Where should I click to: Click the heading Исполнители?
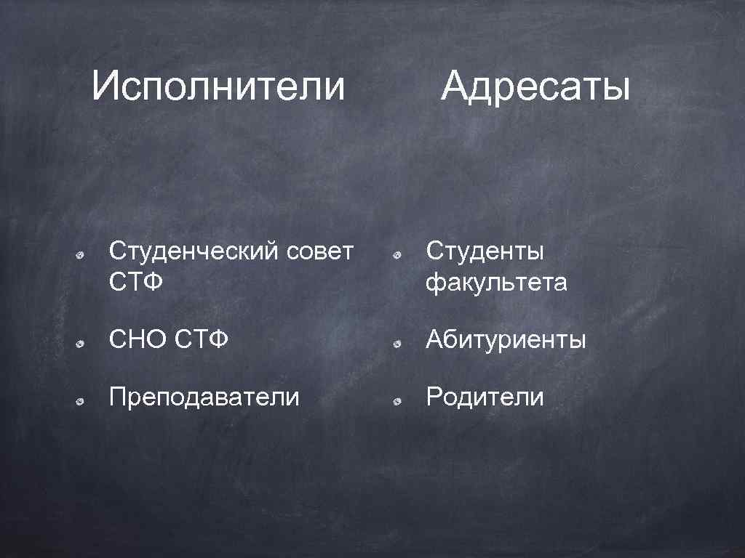[x=218, y=87]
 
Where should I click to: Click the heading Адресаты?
[x=535, y=89]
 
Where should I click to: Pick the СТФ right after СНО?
[x=202, y=339]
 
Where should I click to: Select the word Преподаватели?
[x=204, y=397]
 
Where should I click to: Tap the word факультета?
[x=496, y=281]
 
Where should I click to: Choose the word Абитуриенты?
[x=506, y=339]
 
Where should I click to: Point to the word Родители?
[x=485, y=397]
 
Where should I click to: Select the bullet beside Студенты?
[x=397, y=255]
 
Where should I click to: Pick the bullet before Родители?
[x=397, y=400]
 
